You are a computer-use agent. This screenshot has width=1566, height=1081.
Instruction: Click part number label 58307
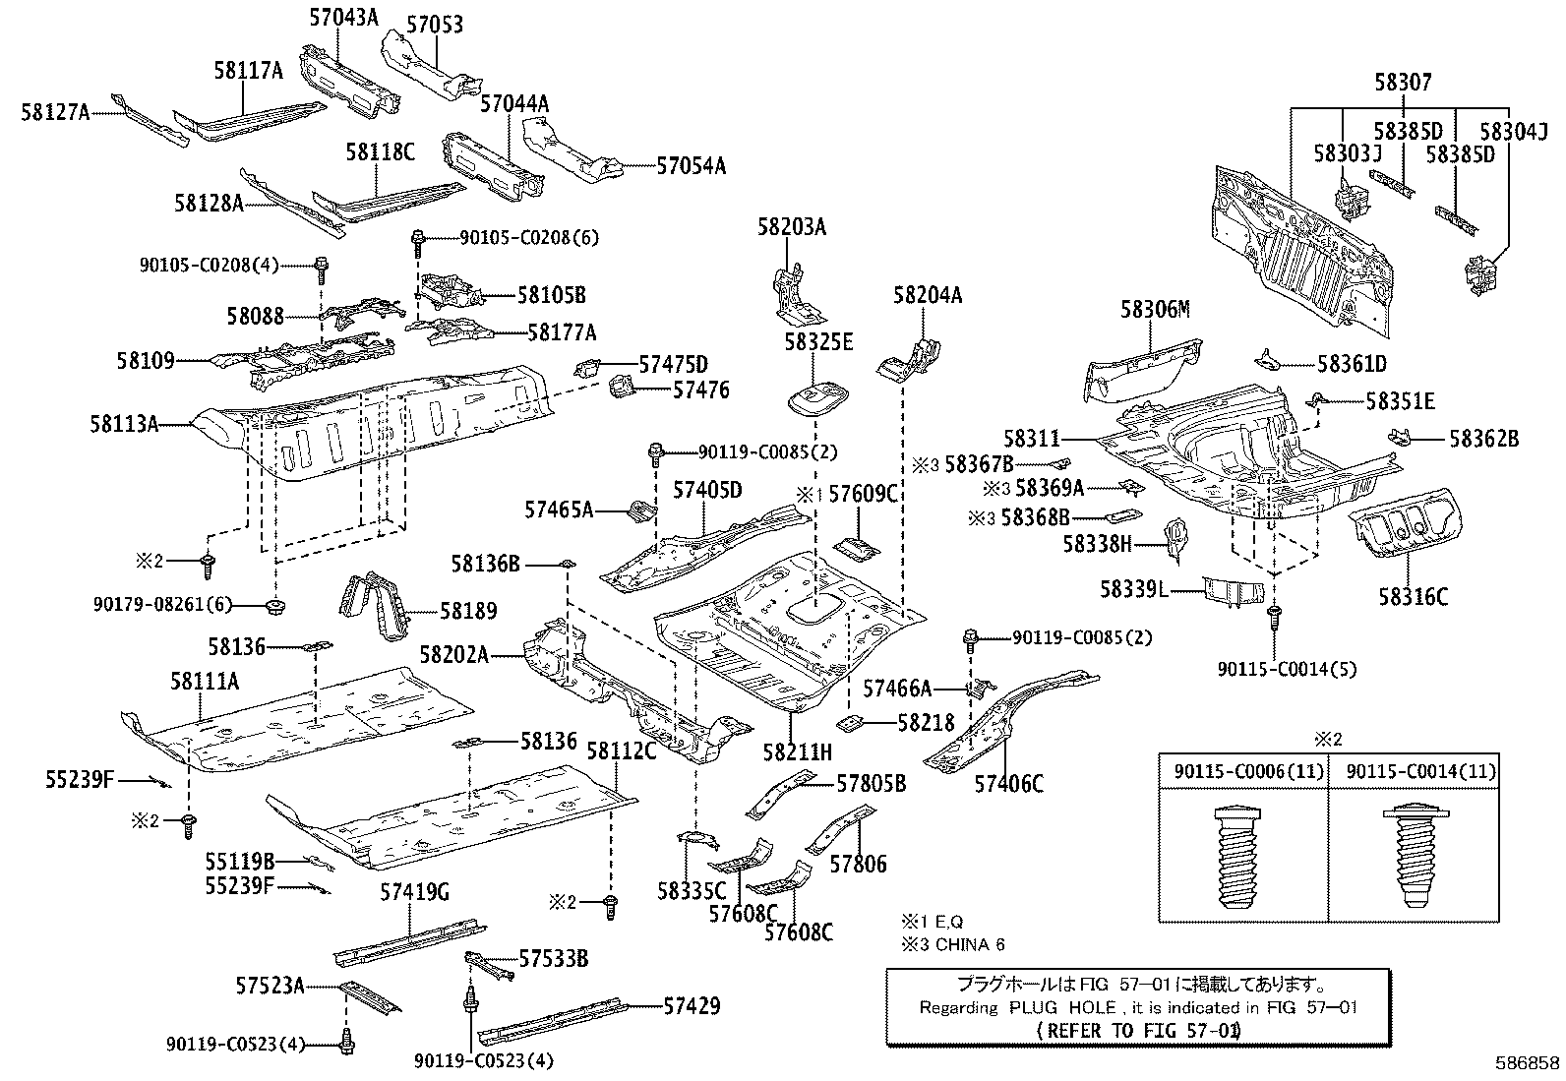(1404, 83)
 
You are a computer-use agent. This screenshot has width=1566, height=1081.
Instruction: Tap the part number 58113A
(124, 424)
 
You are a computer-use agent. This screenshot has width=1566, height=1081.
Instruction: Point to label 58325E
(818, 342)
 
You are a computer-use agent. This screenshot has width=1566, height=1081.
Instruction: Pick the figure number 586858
(1527, 1063)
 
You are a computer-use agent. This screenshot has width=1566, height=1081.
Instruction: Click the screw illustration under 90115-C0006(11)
(1243, 857)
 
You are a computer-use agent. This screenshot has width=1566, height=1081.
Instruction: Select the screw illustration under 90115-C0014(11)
(1414, 857)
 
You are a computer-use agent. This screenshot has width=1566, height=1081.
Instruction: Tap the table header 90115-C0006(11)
(1243, 772)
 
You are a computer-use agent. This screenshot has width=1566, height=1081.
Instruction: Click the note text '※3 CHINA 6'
(953, 945)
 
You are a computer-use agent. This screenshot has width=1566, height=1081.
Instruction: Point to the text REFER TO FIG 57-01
(1138, 1030)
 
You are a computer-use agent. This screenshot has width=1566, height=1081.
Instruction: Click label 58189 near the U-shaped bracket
(468, 611)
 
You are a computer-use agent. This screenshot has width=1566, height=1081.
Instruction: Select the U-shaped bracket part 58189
(376, 605)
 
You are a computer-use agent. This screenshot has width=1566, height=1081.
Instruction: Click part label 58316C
(1413, 596)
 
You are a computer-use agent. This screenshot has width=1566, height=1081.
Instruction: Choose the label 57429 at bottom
(691, 1005)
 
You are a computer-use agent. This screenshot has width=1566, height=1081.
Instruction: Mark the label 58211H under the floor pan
(798, 752)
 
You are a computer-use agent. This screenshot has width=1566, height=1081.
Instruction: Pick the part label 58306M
(1155, 311)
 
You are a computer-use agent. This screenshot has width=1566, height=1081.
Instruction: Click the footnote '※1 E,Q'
(933, 922)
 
